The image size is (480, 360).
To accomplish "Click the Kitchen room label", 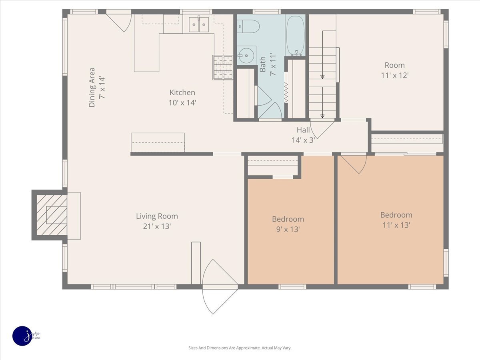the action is pos(182,92).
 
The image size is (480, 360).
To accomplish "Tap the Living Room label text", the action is pos(157,216).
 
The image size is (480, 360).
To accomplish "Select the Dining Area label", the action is pos(92,87).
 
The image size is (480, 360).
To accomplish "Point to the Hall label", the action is pos(303,130).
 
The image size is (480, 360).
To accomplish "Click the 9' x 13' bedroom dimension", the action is pos(288,229).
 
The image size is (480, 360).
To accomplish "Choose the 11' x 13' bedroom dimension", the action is pos(396,225).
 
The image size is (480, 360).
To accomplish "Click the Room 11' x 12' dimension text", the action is pos(395,76).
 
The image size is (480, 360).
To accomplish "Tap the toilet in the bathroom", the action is pos(248,26).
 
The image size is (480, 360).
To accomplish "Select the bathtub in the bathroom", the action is pos(295,35).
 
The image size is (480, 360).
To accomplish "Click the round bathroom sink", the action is pos(246,56).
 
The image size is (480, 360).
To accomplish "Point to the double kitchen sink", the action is pos(199,24).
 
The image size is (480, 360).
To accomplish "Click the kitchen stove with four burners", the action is pos(223,67).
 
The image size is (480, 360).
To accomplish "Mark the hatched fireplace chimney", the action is pos(52,215).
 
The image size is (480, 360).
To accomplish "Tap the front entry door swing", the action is pos(220,286).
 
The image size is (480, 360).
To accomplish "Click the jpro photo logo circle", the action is pos(22,336).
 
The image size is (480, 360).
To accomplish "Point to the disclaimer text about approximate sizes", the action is pos(240,348).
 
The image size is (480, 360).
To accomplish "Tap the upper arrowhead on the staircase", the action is pos(322,77).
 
